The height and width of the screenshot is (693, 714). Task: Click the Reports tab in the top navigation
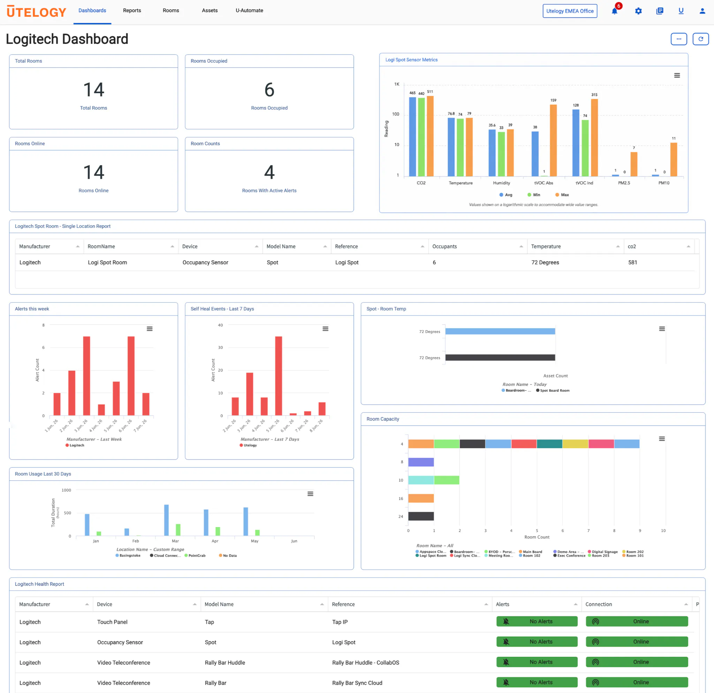coord(132,10)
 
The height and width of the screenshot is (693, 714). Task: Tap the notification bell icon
coord(614,11)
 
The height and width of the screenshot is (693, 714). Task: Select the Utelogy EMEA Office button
coord(570,11)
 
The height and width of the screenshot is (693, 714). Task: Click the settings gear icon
coord(638,11)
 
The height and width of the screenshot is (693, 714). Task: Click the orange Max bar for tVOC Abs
coord(553,140)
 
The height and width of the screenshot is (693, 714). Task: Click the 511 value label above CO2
coord(430,92)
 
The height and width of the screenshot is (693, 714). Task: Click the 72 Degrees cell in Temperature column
coord(545,262)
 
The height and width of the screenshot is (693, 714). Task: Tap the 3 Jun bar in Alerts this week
coord(87,376)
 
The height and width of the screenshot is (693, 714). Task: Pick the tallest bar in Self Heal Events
coord(279,376)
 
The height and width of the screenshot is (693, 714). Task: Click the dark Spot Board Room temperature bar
coord(500,358)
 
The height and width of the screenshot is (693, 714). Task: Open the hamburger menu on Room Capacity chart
coord(662,439)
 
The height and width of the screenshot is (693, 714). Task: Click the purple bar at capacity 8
coord(421,462)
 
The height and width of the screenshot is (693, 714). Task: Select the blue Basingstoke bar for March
coord(167,520)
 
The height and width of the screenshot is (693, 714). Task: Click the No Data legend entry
coord(228,556)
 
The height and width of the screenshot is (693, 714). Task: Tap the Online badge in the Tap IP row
coord(637,622)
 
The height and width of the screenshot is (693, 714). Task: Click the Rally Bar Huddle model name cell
coord(225,663)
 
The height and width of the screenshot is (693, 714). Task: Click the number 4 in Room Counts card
coord(269,172)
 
